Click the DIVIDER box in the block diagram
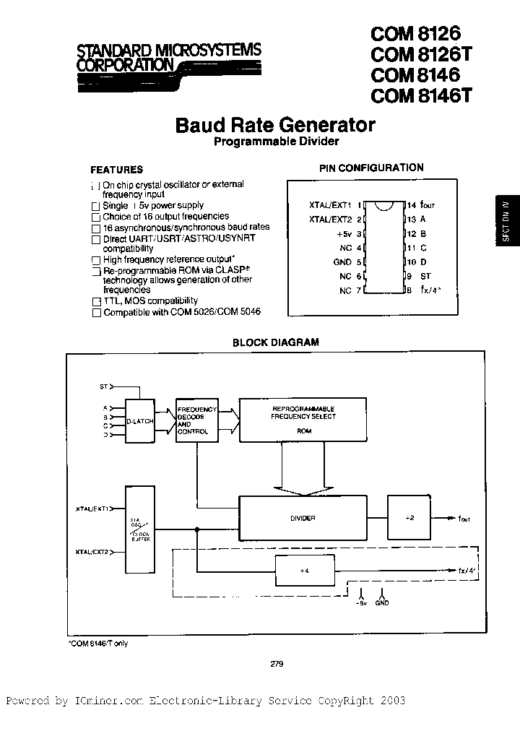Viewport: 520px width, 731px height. [303, 518]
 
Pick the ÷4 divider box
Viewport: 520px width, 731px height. [304, 570]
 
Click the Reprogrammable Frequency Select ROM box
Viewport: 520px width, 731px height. [303, 421]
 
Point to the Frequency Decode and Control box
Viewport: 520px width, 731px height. [193, 420]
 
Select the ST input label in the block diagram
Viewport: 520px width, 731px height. [103, 388]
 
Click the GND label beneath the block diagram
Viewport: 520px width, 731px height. [381, 602]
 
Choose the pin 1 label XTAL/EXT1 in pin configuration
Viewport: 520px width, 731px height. [330, 205]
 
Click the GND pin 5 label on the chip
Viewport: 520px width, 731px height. [343, 261]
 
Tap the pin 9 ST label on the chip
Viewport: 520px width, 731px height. [426, 276]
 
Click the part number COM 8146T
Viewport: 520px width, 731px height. [420, 95]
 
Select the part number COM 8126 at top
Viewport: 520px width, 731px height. [415, 33]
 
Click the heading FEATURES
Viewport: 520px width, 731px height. [116, 170]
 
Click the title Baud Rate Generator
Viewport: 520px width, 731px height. [275, 125]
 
